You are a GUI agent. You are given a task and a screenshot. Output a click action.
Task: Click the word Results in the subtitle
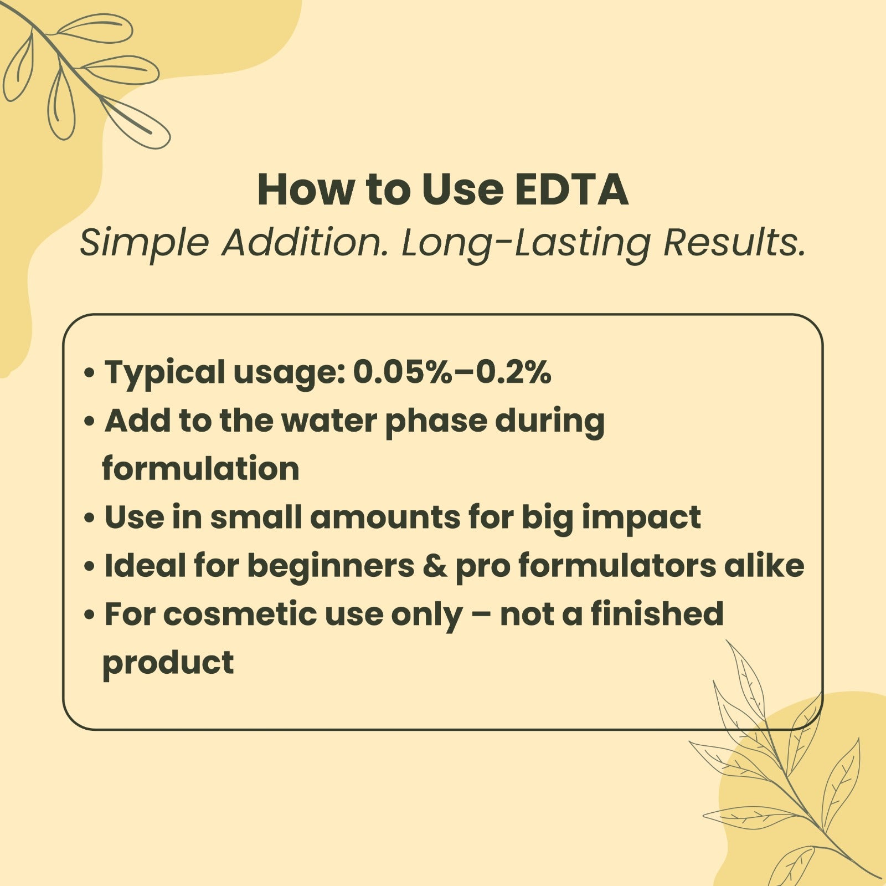click(734, 243)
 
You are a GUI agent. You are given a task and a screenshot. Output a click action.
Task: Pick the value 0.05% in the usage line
click(403, 372)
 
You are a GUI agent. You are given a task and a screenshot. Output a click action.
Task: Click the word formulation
click(200, 469)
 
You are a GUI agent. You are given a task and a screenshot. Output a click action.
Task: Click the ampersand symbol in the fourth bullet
click(435, 566)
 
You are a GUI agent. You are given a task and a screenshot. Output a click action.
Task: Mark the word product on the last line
click(168, 664)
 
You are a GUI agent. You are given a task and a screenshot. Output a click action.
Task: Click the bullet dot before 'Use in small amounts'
click(89, 519)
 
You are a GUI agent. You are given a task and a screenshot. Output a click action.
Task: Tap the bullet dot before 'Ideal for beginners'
click(89, 567)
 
